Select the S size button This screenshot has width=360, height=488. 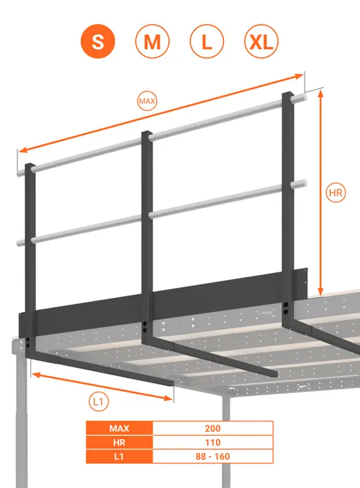tap(98, 43)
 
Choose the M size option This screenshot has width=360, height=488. tap(152, 43)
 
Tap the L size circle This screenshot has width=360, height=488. tap(206, 43)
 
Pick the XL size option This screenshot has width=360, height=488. tap(261, 43)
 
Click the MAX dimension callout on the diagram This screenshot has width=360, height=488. tap(147, 102)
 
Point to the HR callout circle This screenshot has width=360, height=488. tap(336, 194)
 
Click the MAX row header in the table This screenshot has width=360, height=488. tap(119, 428)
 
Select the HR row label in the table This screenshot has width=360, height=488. tap(119, 442)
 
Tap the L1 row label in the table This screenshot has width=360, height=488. tap(119, 456)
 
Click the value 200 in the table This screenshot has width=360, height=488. tap(213, 428)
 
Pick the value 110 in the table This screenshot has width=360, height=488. tap(213, 442)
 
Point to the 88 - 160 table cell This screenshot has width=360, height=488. tap(213, 456)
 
